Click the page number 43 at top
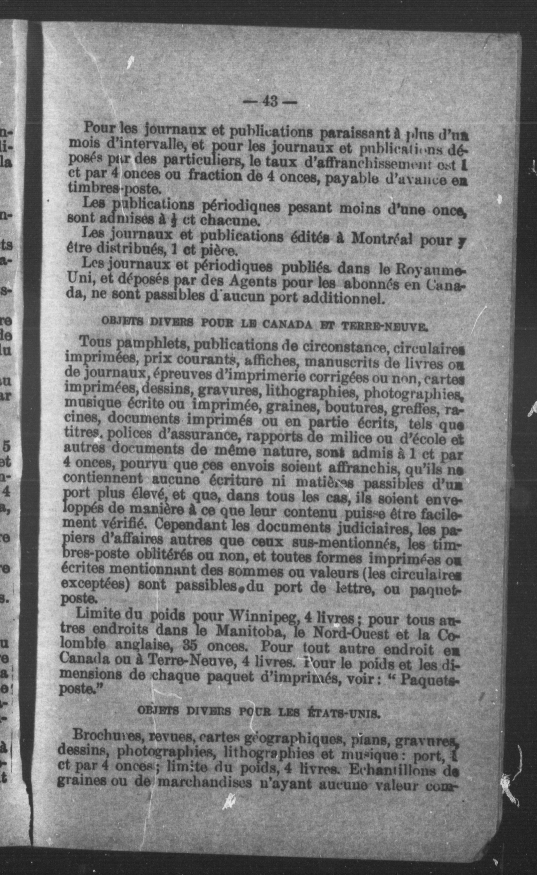(x=270, y=102)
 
